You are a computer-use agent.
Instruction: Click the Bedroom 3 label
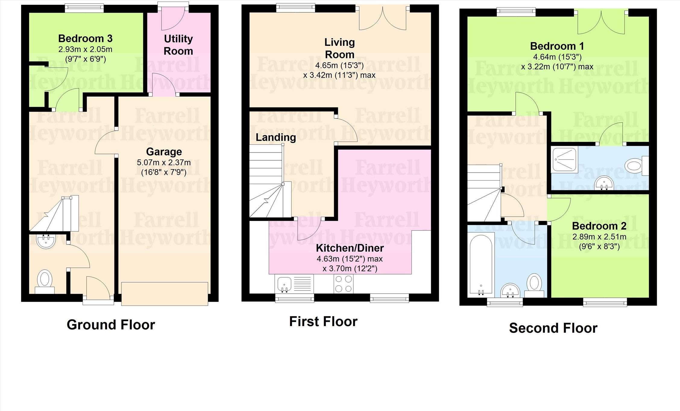pos(85,39)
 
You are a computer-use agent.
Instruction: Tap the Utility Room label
pos(178,45)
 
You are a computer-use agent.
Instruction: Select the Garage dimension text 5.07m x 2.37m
pos(164,163)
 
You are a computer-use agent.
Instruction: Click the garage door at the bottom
pos(165,294)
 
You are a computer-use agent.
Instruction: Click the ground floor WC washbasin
pos(46,241)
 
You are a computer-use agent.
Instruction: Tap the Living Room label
pos(340,49)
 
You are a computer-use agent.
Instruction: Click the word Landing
pos(276,137)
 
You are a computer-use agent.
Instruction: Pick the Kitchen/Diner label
pos(350,248)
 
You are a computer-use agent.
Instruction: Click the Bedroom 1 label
pos(557,46)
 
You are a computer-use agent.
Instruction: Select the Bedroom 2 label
pos(599,226)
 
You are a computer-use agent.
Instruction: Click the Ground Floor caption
pos(111,325)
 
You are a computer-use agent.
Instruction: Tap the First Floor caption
pos(323,322)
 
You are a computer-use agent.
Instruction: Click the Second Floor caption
pos(553,328)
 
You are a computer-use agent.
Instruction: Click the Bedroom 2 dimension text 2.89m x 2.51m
pos(599,237)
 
